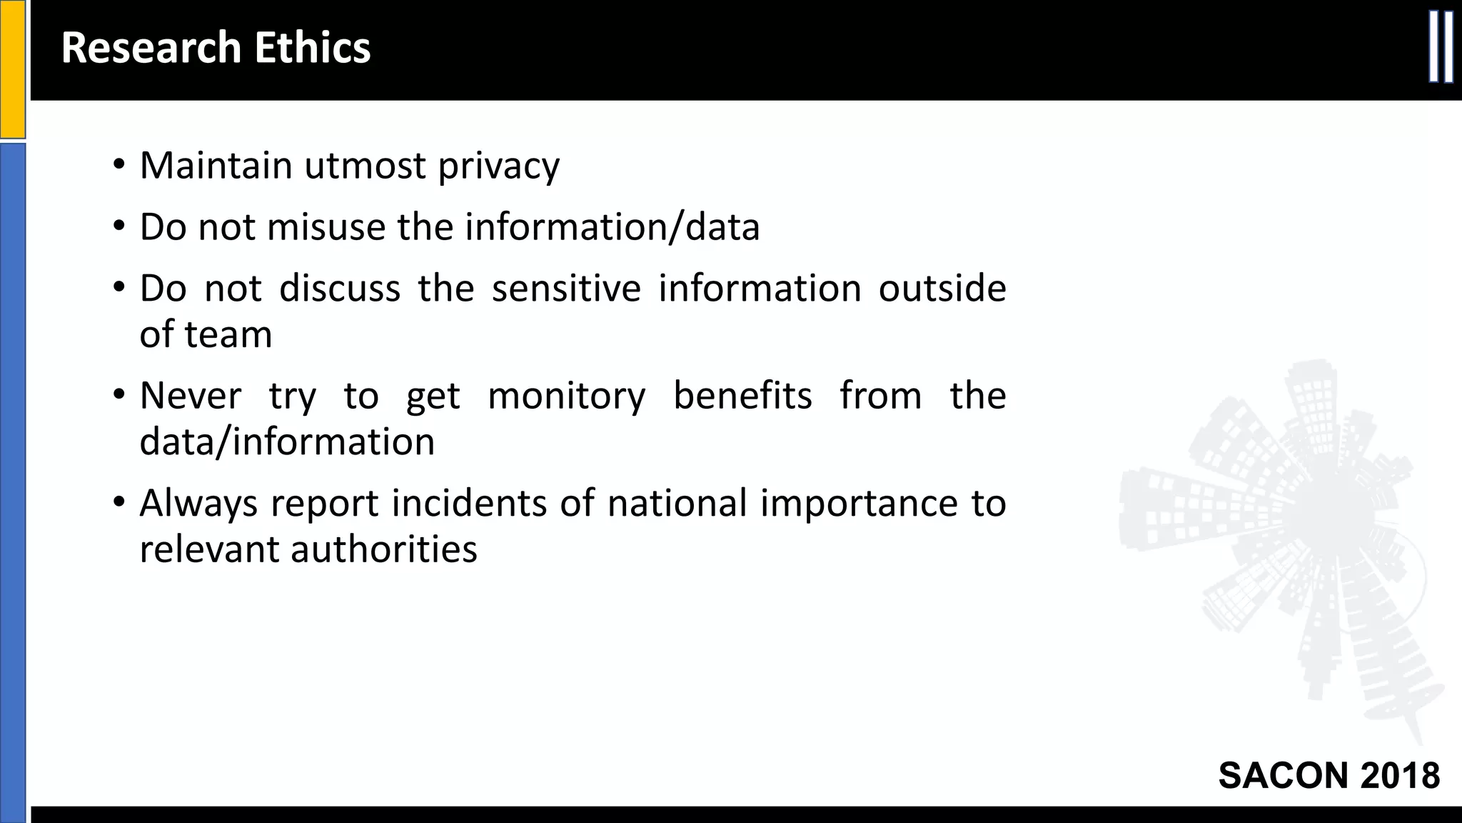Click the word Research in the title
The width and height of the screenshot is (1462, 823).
tap(151, 48)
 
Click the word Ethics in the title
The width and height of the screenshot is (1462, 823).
tap(312, 48)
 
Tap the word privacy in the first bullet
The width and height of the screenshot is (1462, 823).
tap(498, 166)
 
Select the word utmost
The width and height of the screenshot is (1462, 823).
tap(365, 166)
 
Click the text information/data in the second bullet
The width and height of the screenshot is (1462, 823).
tap(612, 228)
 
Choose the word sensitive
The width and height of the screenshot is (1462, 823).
tap(566, 289)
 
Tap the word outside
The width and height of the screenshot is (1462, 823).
tap(942, 289)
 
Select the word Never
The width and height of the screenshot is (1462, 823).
tap(190, 396)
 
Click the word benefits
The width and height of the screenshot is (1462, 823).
tap(742, 396)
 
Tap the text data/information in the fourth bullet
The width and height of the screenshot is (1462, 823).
tap(287, 442)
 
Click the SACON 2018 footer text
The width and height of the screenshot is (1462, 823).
tap(1329, 776)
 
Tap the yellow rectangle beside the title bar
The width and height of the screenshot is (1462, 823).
tap(12, 69)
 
